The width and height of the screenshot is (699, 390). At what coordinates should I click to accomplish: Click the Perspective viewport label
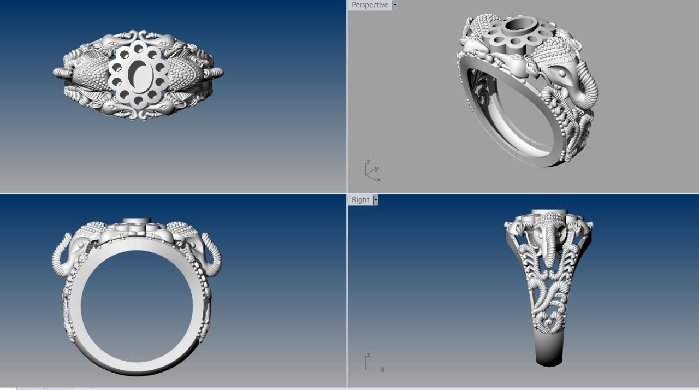370,5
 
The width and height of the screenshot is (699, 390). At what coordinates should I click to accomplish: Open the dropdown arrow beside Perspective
395,5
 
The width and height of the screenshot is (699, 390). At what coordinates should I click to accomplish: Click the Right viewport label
360,200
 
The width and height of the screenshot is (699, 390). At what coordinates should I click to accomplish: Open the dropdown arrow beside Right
376,200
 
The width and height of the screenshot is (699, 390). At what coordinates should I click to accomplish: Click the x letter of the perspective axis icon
378,179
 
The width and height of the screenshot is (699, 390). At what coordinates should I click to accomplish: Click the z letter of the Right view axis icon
368,356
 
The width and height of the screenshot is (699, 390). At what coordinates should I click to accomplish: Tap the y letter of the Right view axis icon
382,369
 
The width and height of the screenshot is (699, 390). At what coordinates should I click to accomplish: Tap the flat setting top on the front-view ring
137,221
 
